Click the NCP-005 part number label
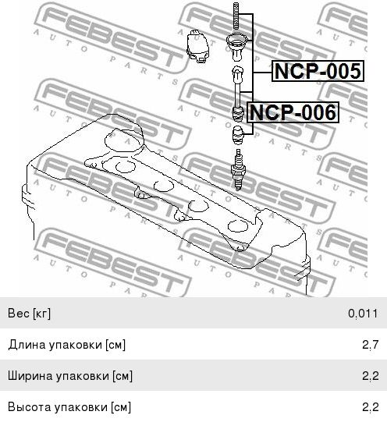point(318,71)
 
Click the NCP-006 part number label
point(293,112)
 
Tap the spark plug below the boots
point(238,169)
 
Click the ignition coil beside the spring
point(198,46)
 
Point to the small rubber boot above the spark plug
point(238,136)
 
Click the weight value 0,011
point(363,314)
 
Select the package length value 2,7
point(371,345)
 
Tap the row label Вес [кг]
point(29,314)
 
